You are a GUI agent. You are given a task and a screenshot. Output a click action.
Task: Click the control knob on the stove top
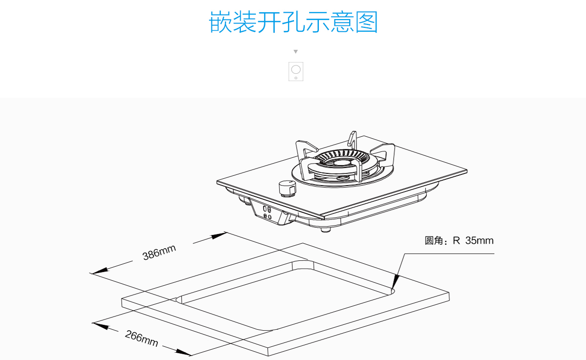pyautogui.click(x=287, y=188)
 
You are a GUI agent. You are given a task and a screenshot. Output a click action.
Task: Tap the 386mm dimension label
pyautogui.click(x=159, y=252)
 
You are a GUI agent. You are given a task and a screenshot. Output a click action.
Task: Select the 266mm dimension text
pyautogui.click(x=142, y=339)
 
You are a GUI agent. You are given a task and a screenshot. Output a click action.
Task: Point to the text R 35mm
pyautogui.click(x=473, y=241)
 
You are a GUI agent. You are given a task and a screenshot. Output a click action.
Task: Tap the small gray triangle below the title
pyautogui.click(x=295, y=52)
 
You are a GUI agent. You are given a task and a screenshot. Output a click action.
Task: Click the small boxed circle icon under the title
pyautogui.click(x=296, y=71)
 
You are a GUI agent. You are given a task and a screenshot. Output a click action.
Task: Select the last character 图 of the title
pyautogui.click(x=367, y=22)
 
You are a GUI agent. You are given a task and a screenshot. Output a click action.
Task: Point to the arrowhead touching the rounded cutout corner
pyautogui.click(x=396, y=282)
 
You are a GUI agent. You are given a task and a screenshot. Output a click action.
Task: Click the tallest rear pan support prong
pyautogui.click(x=352, y=139)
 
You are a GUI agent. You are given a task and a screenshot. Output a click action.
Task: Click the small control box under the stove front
pyautogui.click(x=268, y=213)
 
